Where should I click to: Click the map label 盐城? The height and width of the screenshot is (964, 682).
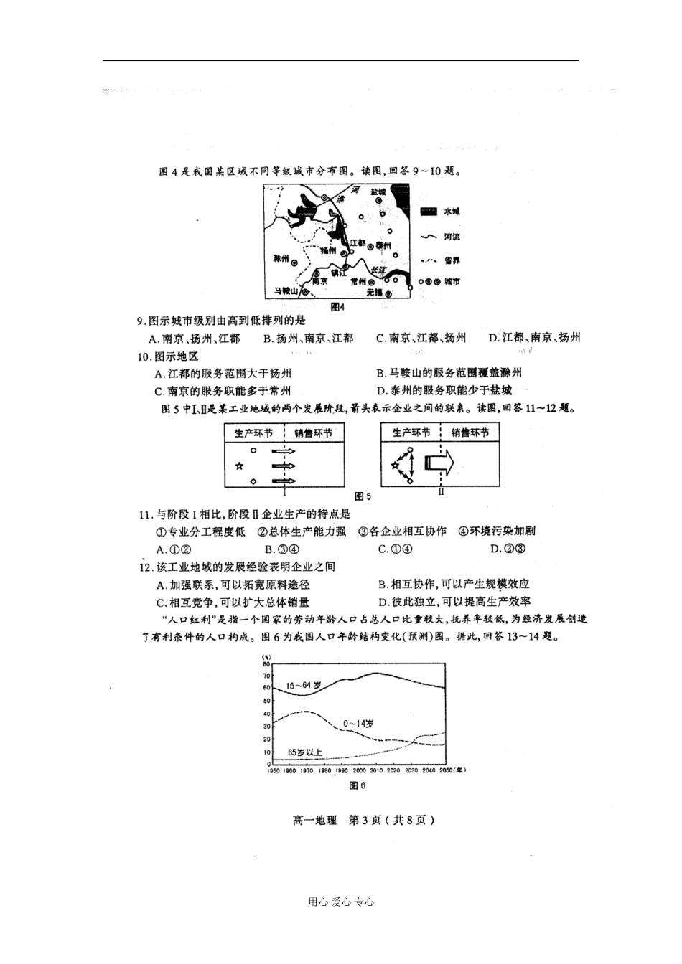pos(378,192)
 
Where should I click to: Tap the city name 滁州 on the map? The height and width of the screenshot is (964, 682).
pos(281,258)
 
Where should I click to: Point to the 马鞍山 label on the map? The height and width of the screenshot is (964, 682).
pos(286,291)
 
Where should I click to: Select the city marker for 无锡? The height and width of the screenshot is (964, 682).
pos(388,293)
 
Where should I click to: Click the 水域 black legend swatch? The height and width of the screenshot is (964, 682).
pos(429,212)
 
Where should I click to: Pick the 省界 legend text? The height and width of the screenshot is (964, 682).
pos(452,260)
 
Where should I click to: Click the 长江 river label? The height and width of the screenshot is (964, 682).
pos(379,270)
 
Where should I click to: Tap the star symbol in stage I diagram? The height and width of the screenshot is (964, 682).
pos(240,466)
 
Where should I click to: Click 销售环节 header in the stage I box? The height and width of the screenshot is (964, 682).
pos(313,433)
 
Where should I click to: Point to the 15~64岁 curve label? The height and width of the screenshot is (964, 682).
pos(303,686)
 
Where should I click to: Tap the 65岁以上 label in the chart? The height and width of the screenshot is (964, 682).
pos(305,752)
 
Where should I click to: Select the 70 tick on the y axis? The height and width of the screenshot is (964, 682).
pos(267,676)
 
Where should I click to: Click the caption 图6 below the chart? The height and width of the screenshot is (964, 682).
pos(357,785)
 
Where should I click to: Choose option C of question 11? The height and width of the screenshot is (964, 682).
pos(395,549)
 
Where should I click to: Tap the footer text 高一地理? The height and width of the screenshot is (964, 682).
pos(314,821)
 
